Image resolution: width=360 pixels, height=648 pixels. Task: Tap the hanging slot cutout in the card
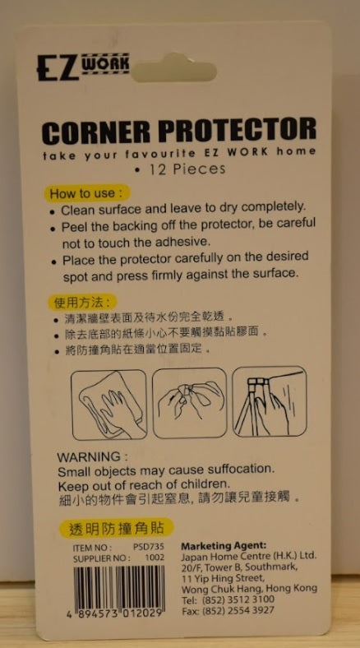[x=173, y=69]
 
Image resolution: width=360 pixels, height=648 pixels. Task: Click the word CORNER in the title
[x=98, y=132]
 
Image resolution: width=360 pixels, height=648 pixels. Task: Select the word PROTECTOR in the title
[x=238, y=130]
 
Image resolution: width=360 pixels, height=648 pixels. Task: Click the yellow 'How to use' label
[x=86, y=193]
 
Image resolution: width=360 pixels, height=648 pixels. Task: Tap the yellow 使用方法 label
[x=82, y=302]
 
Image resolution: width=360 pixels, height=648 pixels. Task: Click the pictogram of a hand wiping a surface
[x=109, y=405]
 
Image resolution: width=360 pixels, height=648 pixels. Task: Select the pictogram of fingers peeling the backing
[x=190, y=403]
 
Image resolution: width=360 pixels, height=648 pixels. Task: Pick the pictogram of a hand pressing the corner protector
[x=270, y=402]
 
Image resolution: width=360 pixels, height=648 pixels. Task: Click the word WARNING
[x=89, y=457]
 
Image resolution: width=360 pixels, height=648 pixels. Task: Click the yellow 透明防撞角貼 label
[x=116, y=528]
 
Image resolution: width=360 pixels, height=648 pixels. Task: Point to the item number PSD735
[x=149, y=548]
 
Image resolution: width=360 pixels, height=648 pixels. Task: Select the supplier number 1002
[x=155, y=558]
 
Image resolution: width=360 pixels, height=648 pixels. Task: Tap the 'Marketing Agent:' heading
[x=224, y=546]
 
